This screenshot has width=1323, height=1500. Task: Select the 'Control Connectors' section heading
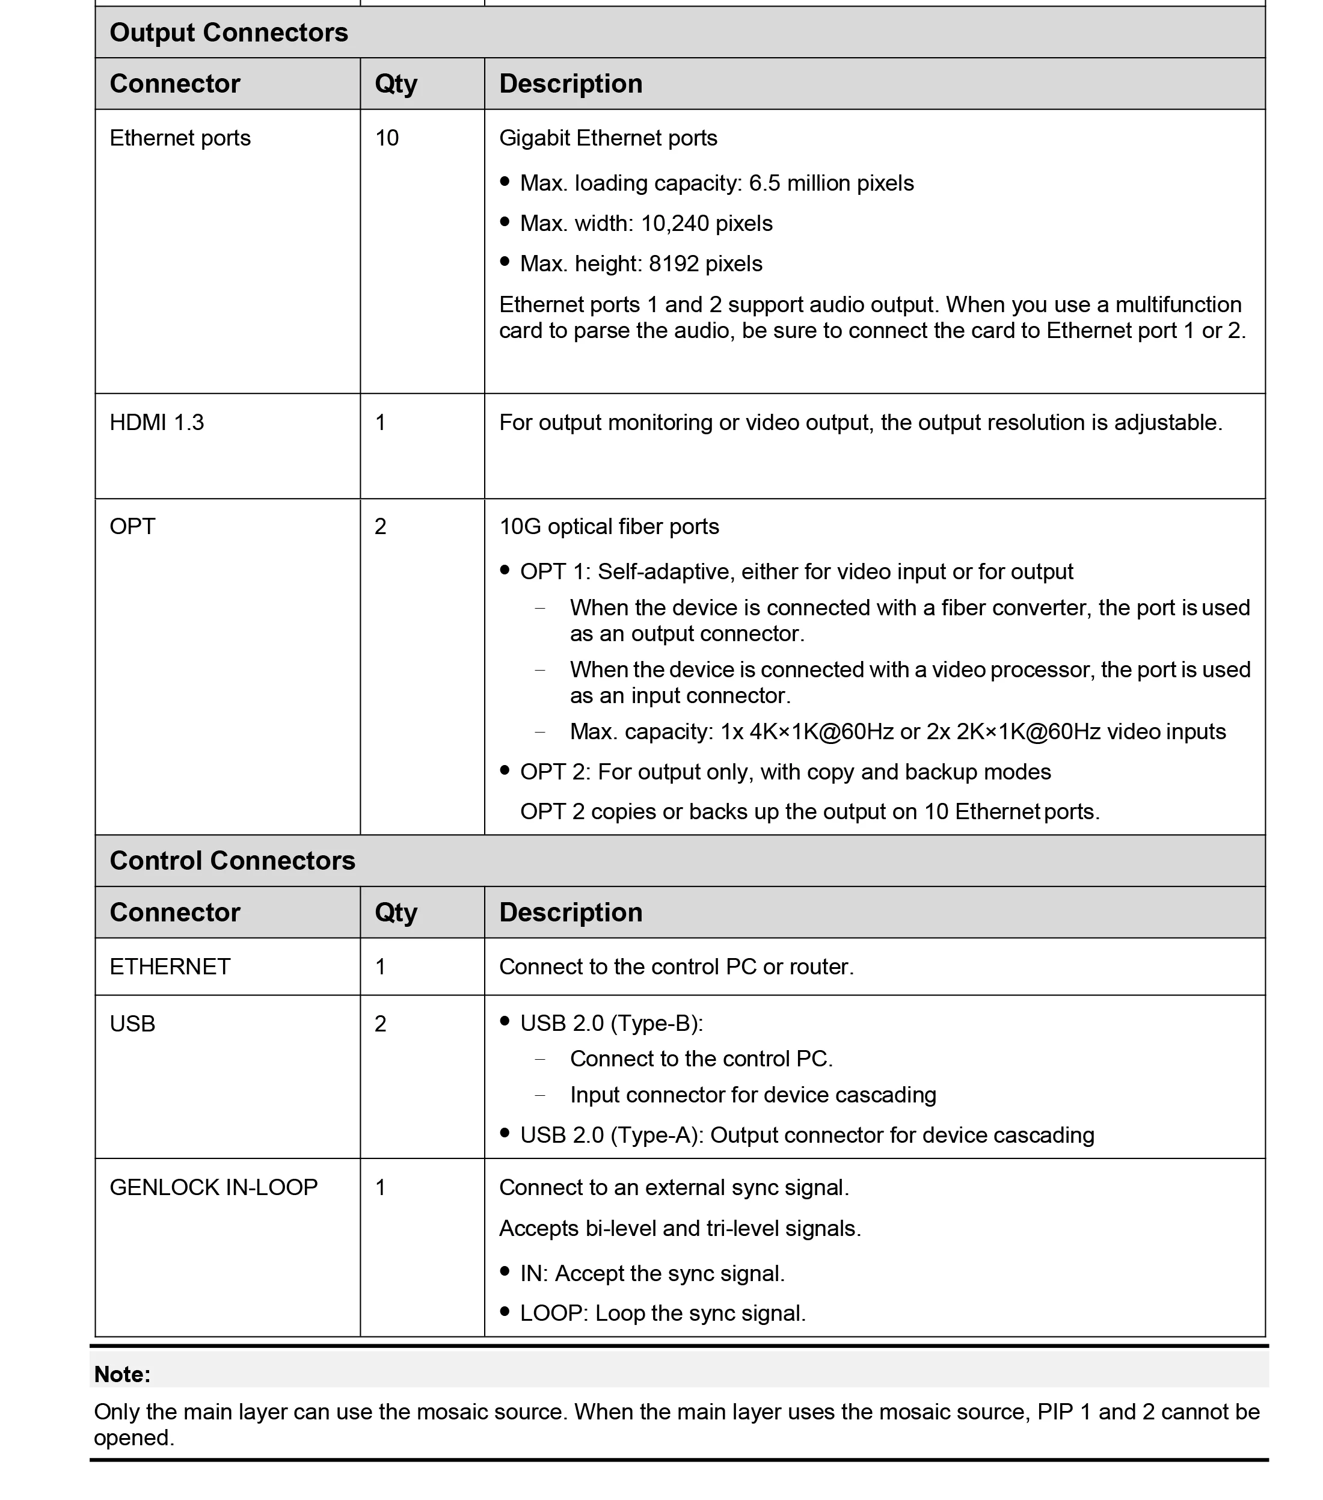point(232,860)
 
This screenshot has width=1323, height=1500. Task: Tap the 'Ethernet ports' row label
point(180,138)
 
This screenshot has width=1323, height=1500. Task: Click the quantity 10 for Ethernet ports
point(387,138)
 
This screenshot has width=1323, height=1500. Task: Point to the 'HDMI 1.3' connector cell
point(156,422)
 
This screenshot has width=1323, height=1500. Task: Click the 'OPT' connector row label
point(132,526)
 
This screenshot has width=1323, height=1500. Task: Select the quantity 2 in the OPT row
point(380,526)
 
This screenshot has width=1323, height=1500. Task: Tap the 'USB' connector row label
point(132,1023)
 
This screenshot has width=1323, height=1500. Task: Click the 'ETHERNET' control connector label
point(170,967)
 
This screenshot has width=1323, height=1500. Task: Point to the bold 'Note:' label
point(122,1374)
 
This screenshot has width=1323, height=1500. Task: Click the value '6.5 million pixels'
point(830,183)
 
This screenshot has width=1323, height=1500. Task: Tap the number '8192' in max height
point(674,263)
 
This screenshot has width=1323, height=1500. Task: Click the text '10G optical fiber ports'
point(609,526)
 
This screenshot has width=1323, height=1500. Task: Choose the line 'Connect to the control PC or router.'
point(676,967)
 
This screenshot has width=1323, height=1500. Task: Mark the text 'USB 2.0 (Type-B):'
point(611,1023)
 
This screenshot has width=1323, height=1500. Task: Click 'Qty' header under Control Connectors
point(396,912)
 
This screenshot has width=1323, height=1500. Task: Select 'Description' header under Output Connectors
point(570,84)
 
